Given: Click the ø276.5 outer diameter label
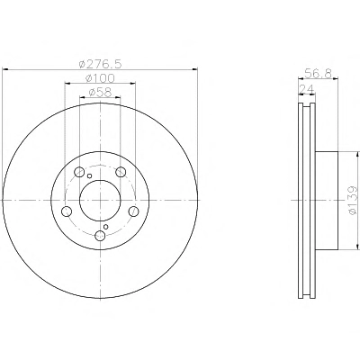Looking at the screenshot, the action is click(100, 64).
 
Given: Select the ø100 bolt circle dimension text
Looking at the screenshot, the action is click(100, 78).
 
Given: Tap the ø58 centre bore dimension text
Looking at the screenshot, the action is click(100, 92).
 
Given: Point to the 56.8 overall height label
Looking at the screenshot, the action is click(318, 73).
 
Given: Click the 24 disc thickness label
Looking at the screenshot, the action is click(306, 89).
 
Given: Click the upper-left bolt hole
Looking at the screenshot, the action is click(79, 172).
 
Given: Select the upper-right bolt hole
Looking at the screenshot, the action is click(121, 172).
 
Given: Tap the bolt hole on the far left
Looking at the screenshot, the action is click(67, 211).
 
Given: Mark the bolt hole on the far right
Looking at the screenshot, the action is click(133, 211).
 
